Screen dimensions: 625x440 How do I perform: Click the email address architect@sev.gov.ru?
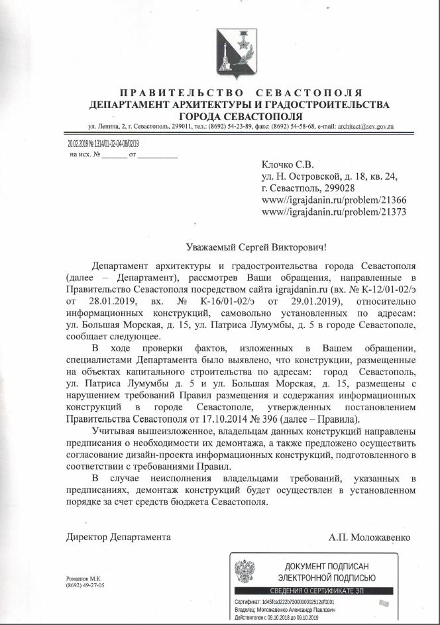(366, 126)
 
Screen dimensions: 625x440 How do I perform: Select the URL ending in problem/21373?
(334, 212)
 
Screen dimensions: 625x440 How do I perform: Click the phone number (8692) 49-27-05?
(85, 586)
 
